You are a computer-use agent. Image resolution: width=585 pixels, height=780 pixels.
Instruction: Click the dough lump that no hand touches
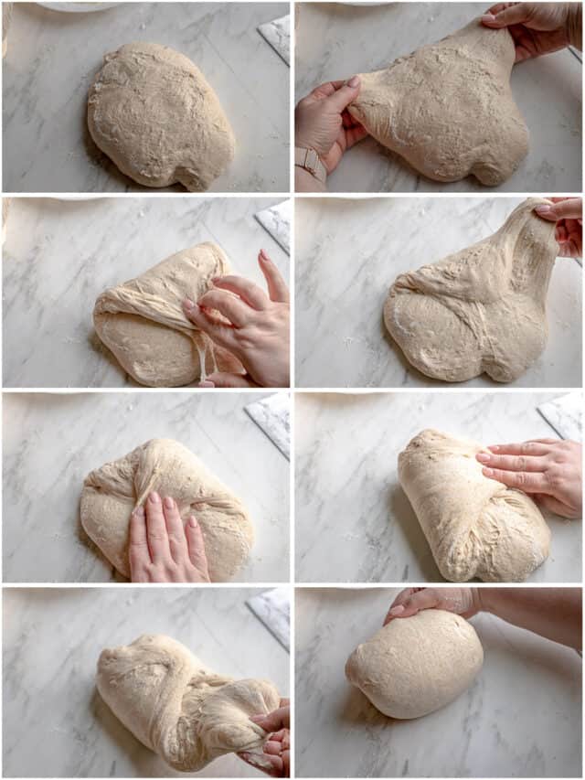[x=160, y=114]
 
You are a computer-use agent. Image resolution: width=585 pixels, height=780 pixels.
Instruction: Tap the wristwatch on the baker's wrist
[x=311, y=163]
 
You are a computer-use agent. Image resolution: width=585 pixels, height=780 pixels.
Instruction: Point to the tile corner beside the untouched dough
[x=275, y=37]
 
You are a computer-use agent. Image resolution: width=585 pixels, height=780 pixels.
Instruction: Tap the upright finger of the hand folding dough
[x=271, y=274]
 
